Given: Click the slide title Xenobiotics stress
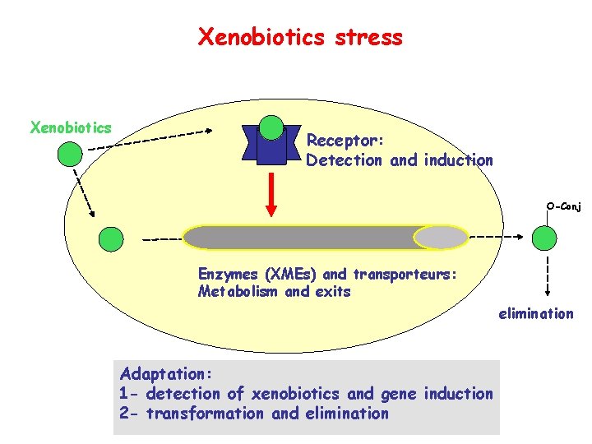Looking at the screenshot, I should pyautogui.click(x=300, y=37).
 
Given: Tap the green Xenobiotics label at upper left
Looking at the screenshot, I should pyautogui.click(x=71, y=127).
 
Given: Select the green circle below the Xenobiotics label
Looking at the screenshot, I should pyautogui.click(x=71, y=154).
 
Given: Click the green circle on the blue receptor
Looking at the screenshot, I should pyautogui.click(x=271, y=127).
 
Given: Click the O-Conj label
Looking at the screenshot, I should pyautogui.click(x=563, y=206).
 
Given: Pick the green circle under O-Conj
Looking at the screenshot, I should pyautogui.click(x=544, y=238).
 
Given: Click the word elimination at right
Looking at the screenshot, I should pyautogui.click(x=535, y=313).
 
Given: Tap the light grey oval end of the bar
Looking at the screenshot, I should pyautogui.click(x=440, y=238).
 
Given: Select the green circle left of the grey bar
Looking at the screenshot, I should pyautogui.click(x=110, y=238).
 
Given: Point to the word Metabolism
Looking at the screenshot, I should pyautogui.click(x=238, y=292).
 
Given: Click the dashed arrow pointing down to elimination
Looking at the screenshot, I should pyautogui.click(x=544, y=275).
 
